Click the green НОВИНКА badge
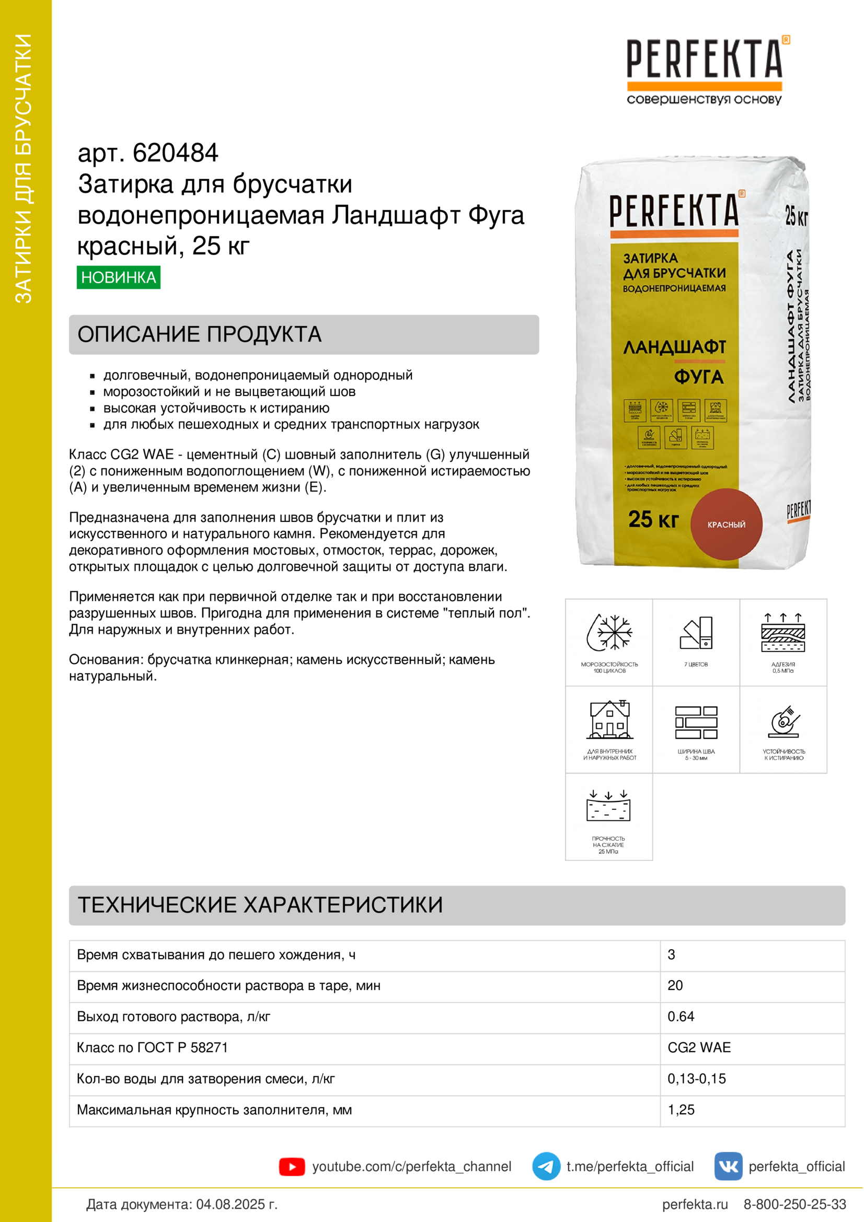[x=118, y=277]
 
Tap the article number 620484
[x=175, y=153]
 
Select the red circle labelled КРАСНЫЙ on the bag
[x=726, y=524]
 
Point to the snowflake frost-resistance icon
[x=609, y=633]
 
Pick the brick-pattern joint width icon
[x=696, y=722]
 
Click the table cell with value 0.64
[x=681, y=1017]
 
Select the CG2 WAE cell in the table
[x=699, y=1048]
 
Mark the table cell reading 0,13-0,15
[x=696, y=1079]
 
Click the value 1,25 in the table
[x=681, y=1110]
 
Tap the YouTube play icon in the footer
[x=292, y=1167]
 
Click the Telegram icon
[x=546, y=1166]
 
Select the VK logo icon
[x=728, y=1166]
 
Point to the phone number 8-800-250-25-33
[x=794, y=1204]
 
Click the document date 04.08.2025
[x=237, y=1204]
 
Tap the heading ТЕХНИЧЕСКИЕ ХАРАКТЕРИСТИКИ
[x=260, y=905]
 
